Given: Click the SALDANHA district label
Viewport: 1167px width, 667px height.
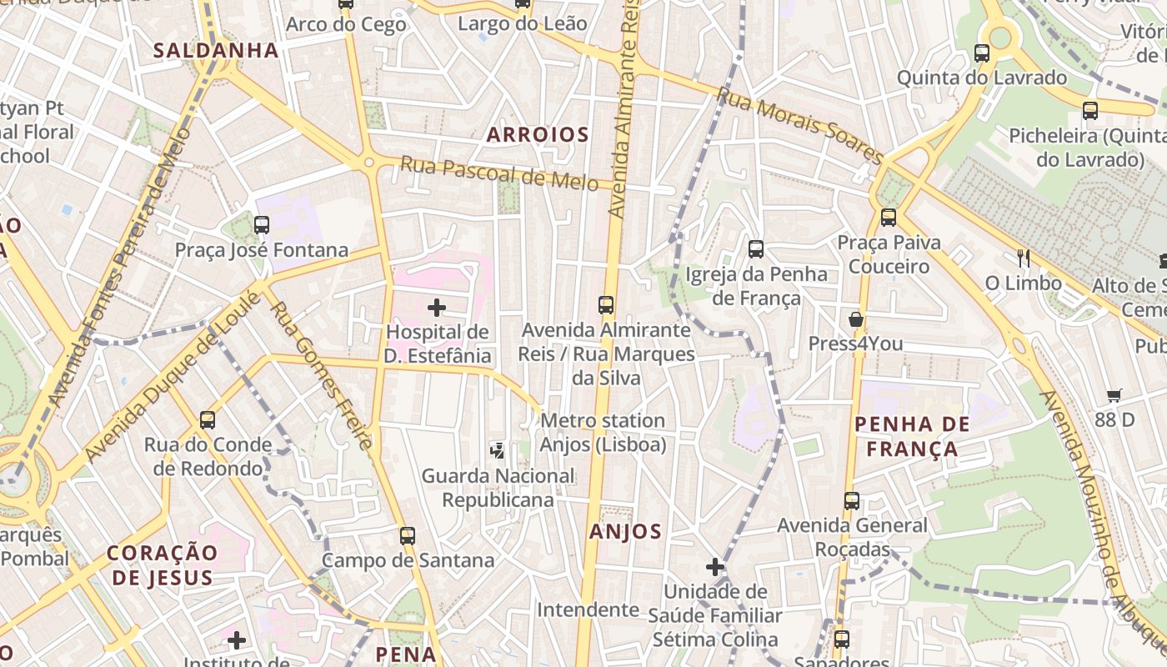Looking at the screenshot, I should pos(216,50).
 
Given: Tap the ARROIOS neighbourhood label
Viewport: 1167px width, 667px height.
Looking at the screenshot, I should pos(538,134).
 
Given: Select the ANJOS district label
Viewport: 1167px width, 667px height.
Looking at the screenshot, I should pos(625,531).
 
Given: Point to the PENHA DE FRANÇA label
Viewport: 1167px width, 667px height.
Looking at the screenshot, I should pos(913,436).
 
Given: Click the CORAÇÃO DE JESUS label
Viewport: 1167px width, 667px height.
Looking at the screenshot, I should pos(163,564).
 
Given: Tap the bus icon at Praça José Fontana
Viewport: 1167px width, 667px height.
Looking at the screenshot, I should pos(262,224).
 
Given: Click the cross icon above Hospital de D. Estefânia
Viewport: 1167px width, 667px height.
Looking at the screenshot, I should pos(437,308).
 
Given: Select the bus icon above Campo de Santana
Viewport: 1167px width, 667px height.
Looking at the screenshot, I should pos(407,535).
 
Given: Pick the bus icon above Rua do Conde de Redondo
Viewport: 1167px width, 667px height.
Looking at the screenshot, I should pos(208,420).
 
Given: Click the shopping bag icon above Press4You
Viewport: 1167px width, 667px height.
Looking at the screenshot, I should pos(855,319).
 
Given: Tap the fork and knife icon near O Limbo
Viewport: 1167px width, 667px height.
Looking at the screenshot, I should pos(1024,258).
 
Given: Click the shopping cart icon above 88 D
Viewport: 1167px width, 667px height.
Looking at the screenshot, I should pos(1114,395).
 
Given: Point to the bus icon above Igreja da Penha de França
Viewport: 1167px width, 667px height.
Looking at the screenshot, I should pos(756,248).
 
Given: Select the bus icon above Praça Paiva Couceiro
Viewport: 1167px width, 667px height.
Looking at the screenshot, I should pos(889,218).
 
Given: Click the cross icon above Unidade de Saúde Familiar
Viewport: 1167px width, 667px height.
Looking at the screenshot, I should pos(715,567).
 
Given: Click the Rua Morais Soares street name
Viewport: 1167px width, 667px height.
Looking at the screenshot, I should pos(799,127).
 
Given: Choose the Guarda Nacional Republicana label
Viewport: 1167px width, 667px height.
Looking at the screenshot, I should pos(498,488).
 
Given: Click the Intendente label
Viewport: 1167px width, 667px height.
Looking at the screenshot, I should pos(588,609).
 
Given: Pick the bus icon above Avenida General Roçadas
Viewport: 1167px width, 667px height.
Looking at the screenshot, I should pos(852,500).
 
